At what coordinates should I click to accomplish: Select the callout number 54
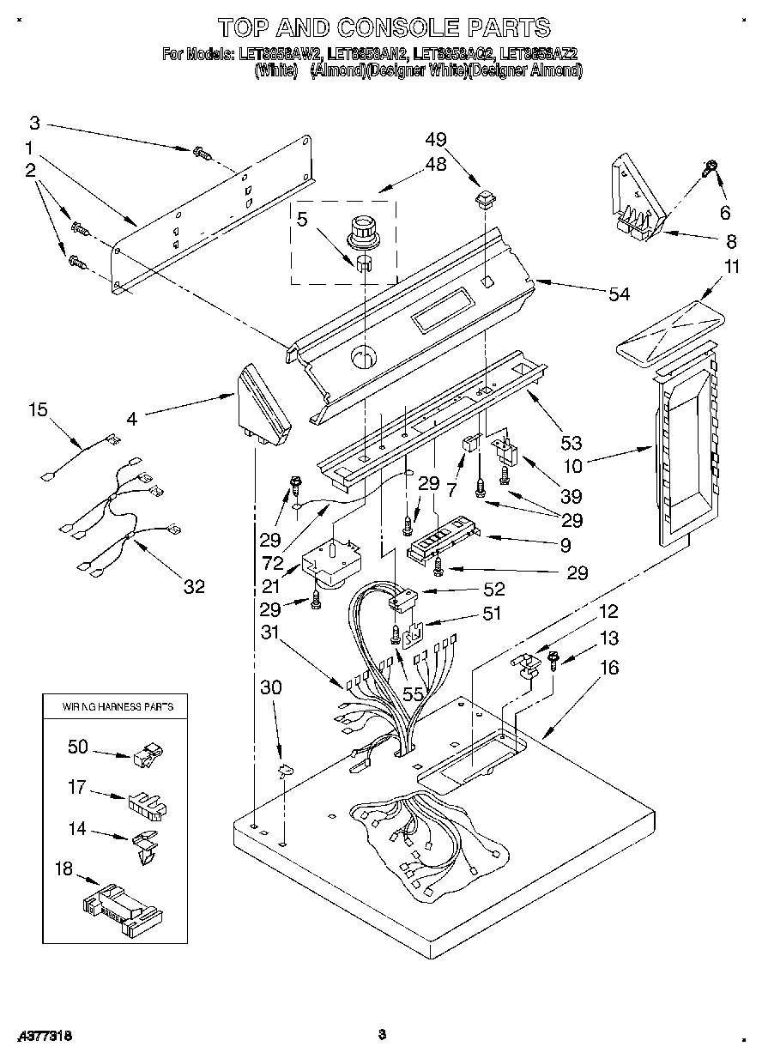coord(618,294)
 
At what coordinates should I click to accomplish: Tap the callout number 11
coord(730,267)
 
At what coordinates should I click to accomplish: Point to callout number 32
coord(194,586)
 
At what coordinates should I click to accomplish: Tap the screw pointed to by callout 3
coord(203,154)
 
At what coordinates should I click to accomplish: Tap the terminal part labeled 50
coord(148,756)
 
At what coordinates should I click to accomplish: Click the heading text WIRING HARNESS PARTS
coord(117,707)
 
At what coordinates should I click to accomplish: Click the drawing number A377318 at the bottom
coord(44,1036)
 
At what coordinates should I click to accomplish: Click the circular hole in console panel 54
coord(363,355)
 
